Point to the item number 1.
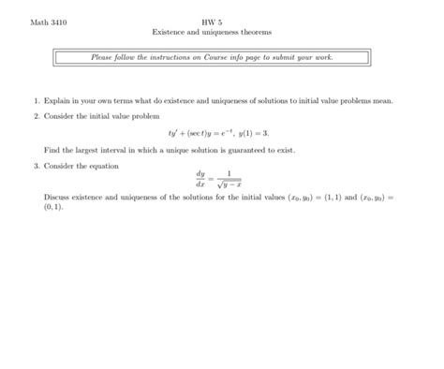tap(35, 98)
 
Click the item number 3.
tap(35, 166)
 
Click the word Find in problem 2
tap(52, 150)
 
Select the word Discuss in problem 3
tap(58, 199)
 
